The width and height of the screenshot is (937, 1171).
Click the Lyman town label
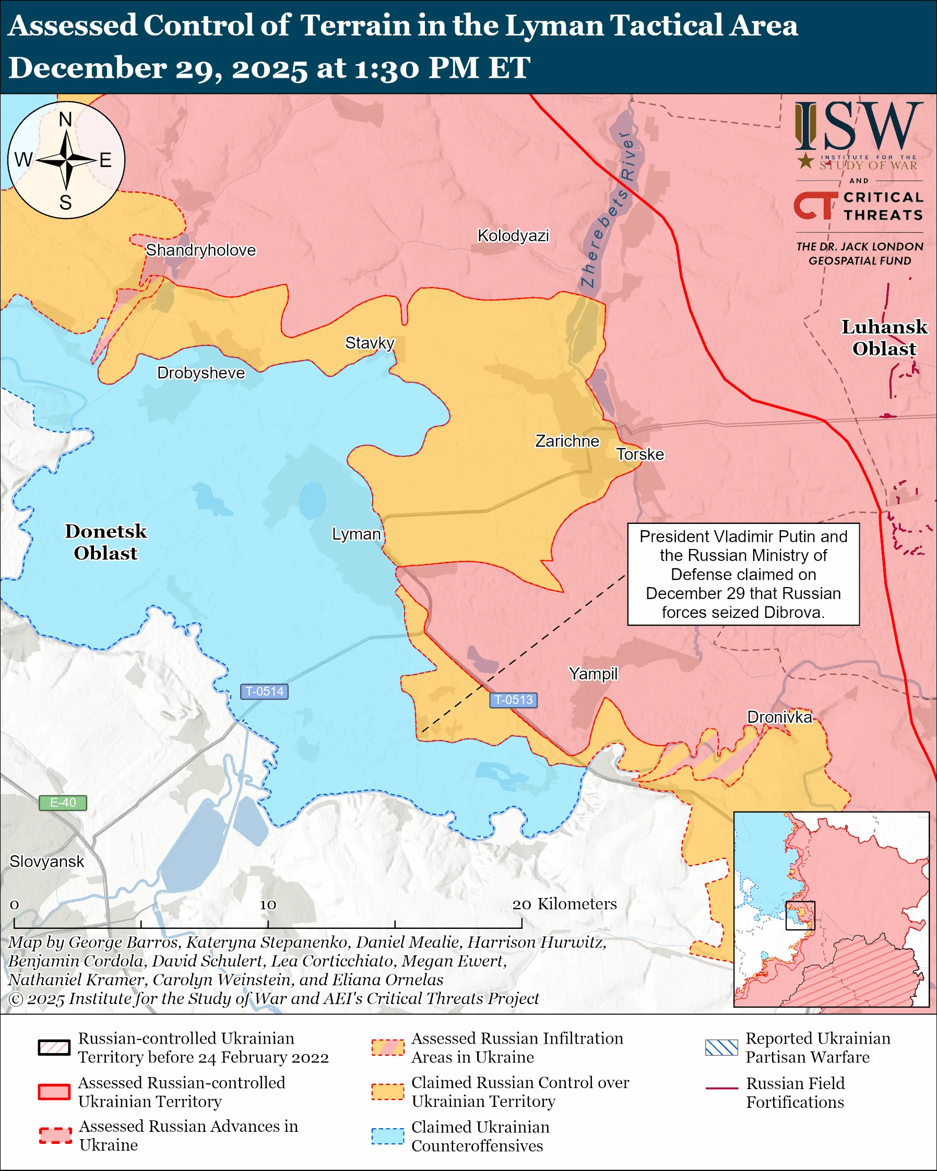(x=357, y=534)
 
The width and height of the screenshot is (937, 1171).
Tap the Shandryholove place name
(x=200, y=250)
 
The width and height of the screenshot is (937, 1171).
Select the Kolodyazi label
(x=513, y=236)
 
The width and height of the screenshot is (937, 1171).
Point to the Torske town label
(x=640, y=454)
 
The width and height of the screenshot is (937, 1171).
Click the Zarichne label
(x=567, y=441)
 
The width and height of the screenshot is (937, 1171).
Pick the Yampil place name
(x=593, y=674)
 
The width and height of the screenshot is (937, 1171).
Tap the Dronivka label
(x=779, y=717)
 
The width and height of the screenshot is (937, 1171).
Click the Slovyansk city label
(x=46, y=862)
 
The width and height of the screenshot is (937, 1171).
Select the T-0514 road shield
(x=264, y=691)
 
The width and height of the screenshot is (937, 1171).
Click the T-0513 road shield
(x=513, y=700)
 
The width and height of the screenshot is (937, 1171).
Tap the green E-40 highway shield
(x=63, y=803)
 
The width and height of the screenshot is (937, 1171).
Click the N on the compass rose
(x=65, y=119)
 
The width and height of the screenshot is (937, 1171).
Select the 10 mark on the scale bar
(x=268, y=905)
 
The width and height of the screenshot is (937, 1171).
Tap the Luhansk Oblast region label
(x=884, y=337)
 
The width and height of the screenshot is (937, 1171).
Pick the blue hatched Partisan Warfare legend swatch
(x=721, y=1047)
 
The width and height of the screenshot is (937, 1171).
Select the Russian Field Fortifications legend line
(x=721, y=1089)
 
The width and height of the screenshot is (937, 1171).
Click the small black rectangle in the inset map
(x=800, y=915)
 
